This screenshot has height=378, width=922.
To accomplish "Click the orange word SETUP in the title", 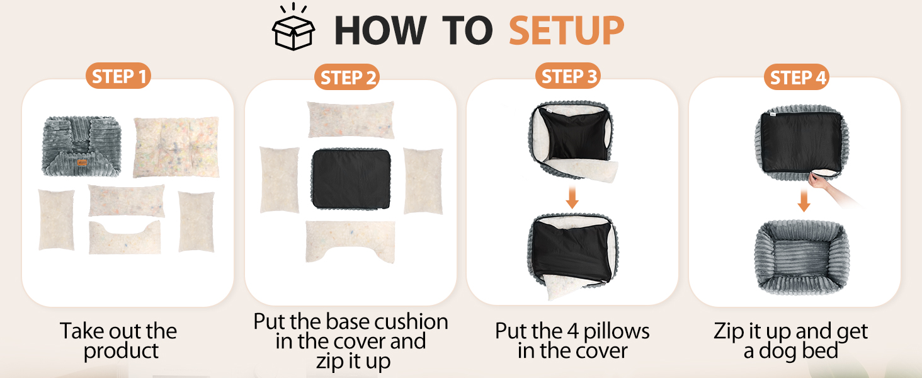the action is (566, 30).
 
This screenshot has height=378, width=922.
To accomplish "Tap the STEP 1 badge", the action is (118, 76).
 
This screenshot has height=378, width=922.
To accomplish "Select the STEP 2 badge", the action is (347, 77).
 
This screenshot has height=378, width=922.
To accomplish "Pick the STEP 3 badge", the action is (568, 76).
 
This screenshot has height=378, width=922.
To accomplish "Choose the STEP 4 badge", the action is (797, 77).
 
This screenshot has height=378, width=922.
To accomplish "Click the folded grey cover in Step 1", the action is (81, 146).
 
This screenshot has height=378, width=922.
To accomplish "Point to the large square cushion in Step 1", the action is (176, 147).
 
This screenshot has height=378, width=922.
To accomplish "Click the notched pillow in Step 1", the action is (125, 239).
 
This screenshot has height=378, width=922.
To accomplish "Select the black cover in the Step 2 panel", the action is (351, 179).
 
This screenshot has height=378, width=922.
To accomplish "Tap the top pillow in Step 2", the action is (351, 120).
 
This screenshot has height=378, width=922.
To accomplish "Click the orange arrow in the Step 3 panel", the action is (572, 198).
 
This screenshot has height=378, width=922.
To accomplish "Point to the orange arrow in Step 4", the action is (804, 200).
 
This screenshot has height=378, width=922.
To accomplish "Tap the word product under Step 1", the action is (121, 352).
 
